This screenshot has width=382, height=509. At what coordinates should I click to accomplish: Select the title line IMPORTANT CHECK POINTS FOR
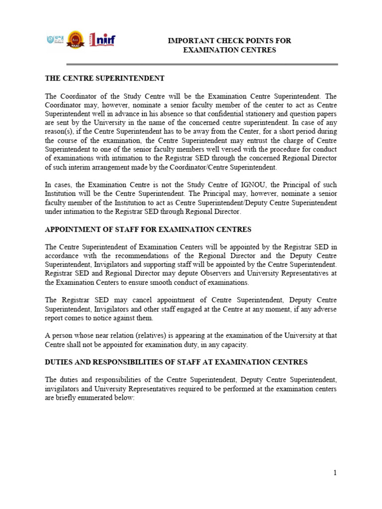pos(229,41)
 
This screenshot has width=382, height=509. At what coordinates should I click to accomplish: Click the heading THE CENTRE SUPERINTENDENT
pos(104,78)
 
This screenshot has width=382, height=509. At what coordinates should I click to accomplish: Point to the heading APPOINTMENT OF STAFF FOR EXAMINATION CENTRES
pos(148,229)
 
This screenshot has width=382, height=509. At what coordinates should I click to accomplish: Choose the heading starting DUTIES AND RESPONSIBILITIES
pos(176,362)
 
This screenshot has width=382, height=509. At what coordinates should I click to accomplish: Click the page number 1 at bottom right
pos(335,473)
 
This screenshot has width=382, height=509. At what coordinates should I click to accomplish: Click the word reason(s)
pos(60,132)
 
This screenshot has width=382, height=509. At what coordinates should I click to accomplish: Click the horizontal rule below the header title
pos(202,64)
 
